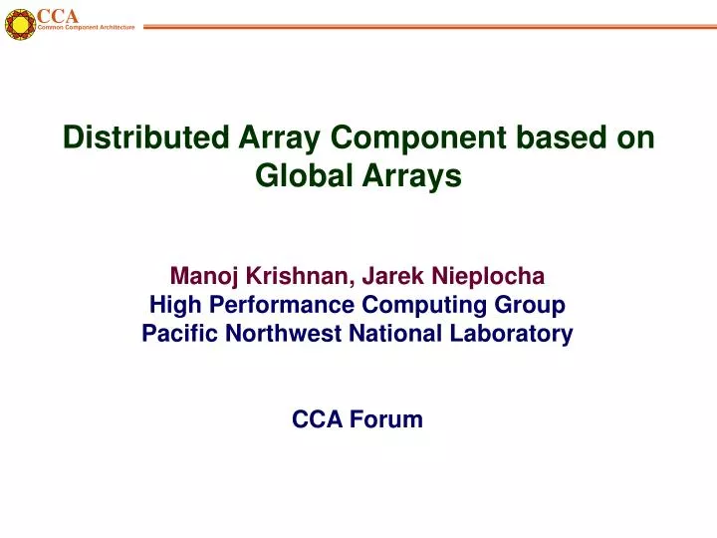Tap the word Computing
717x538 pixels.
pyautogui.click(x=404, y=305)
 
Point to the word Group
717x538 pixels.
pyautogui.click(x=532, y=305)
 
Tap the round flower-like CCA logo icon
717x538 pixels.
pyautogui.click(x=19, y=24)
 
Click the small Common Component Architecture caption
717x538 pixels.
pyautogui.click(x=86, y=28)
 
